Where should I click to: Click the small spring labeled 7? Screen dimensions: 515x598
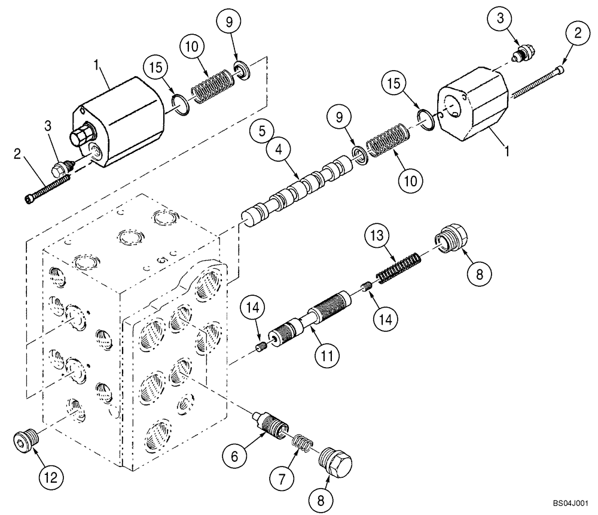point(302,443)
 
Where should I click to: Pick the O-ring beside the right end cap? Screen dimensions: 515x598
point(424,117)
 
